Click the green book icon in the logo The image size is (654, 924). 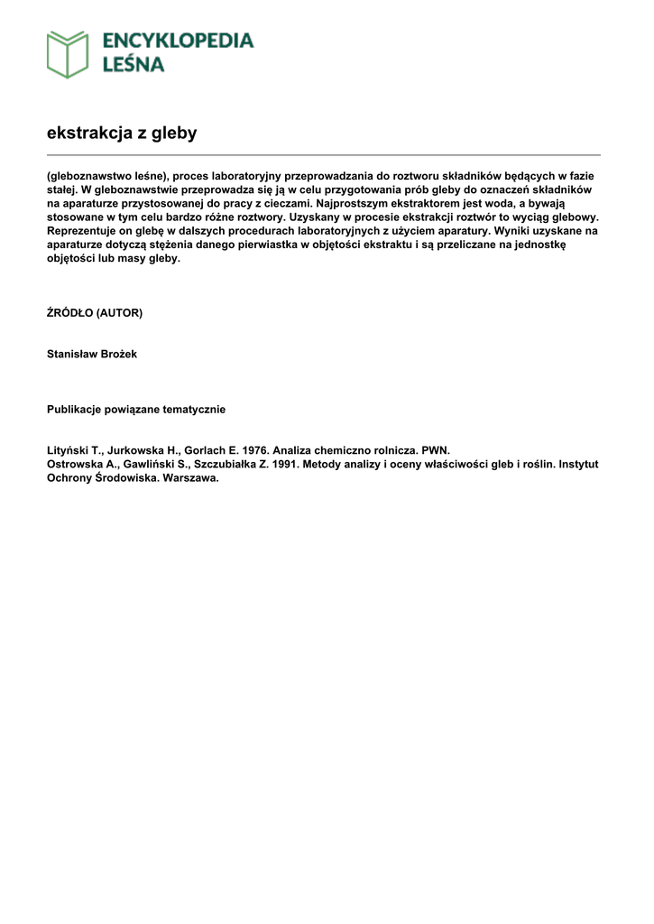(68, 53)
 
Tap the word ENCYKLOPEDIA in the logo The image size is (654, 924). (178, 41)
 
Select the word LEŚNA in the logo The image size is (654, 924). (133, 64)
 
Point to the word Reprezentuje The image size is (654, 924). (81, 231)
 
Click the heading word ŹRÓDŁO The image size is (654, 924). (69, 313)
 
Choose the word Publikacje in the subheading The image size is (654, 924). (76, 410)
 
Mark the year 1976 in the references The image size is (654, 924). (255, 450)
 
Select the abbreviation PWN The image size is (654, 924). (435, 450)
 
